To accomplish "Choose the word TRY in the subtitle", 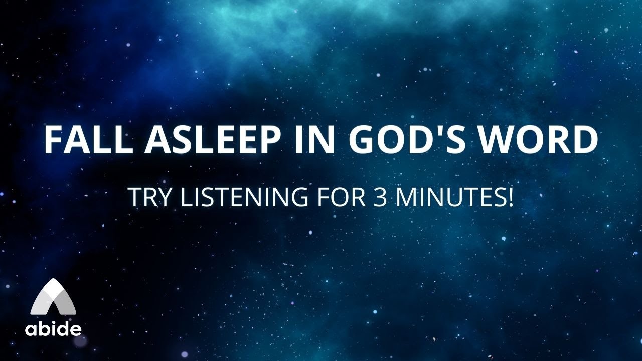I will [148, 197].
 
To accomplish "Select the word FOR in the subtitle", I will [337, 197].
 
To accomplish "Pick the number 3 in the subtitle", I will [380, 197].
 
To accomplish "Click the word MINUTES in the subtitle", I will [451, 197].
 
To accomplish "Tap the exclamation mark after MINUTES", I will [510, 197].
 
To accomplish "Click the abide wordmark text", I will [53, 329].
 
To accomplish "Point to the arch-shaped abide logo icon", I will [53, 297].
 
